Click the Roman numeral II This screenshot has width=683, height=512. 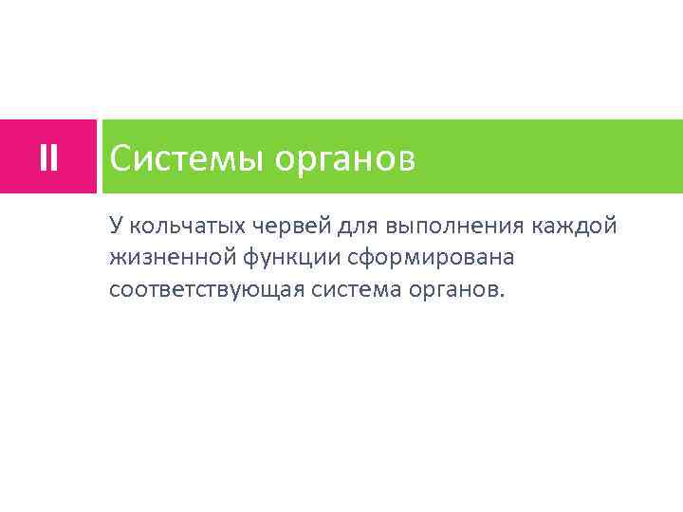point(48,157)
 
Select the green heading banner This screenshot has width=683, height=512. point(531,157)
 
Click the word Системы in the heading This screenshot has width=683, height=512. point(187,158)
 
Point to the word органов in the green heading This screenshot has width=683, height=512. point(345,160)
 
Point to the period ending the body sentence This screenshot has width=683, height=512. point(504,295)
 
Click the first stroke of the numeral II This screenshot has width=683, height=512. point(43,157)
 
